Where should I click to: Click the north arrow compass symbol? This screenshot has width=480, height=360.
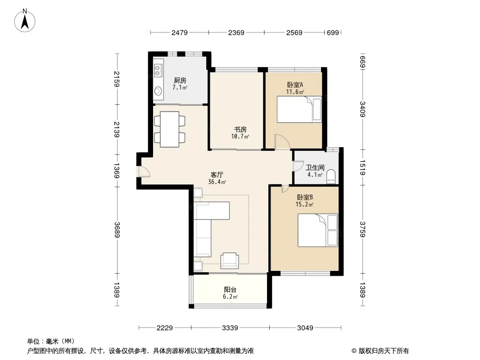(x=25, y=21)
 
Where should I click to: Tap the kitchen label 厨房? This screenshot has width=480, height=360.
(x=180, y=81)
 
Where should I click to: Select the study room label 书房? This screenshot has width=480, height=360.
(x=240, y=130)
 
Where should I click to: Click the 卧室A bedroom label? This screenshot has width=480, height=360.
(x=295, y=85)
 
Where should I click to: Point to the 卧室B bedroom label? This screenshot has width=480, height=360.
(x=305, y=197)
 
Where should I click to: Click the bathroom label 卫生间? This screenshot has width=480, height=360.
(x=315, y=167)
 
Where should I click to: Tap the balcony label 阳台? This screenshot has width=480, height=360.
(x=230, y=290)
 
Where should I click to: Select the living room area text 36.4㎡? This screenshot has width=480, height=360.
(x=217, y=182)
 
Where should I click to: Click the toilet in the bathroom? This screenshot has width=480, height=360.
(x=331, y=177)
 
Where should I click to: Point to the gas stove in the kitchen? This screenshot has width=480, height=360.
(x=158, y=70)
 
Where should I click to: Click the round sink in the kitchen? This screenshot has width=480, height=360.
(x=158, y=91)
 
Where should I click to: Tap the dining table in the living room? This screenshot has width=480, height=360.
(x=170, y=130)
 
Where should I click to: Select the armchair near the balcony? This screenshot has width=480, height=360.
(x=230, y=261)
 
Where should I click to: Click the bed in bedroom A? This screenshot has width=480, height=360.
(x=299, y=109)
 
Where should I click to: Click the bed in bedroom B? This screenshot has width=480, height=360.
(x=318, y=230)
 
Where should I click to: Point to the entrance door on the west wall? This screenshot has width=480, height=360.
(x=144, y=171)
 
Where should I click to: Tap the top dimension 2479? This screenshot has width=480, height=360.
(x=179, y=32)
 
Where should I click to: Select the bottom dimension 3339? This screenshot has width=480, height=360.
(x=230, y=328)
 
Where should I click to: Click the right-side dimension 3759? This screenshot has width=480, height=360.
(x=362, y=229)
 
